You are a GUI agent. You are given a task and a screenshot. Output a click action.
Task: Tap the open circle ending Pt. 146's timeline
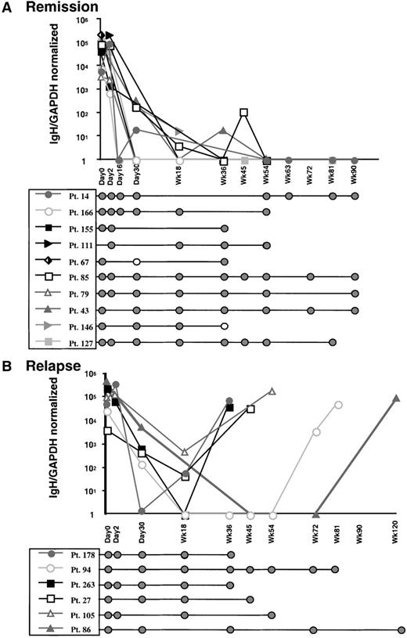pos(225,326)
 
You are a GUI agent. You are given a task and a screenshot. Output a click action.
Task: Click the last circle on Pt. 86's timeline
pos(401,629)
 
